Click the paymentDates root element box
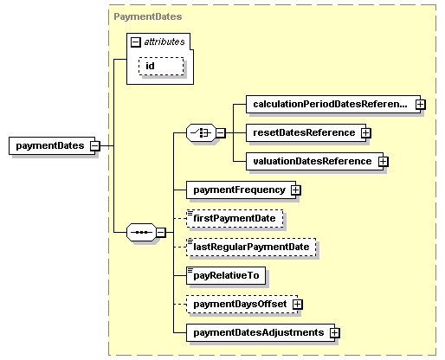[x=48, y=146]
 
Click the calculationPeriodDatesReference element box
[x=328, y=104]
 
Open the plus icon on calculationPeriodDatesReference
[x=420, y=104]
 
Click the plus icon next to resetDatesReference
[x=365, y=132]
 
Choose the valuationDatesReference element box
[x=310, y=161]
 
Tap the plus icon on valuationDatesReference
[x=383, y=161]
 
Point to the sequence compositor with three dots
[x=140, y=232]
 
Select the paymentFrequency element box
[x=238, y=190]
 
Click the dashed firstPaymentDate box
[x=235, y=219]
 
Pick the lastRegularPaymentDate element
[x=252, y=247]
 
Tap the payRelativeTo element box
[x=226, y=275]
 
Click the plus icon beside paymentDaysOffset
[x=297, y=304]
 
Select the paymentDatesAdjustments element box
[x=257, y=332]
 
